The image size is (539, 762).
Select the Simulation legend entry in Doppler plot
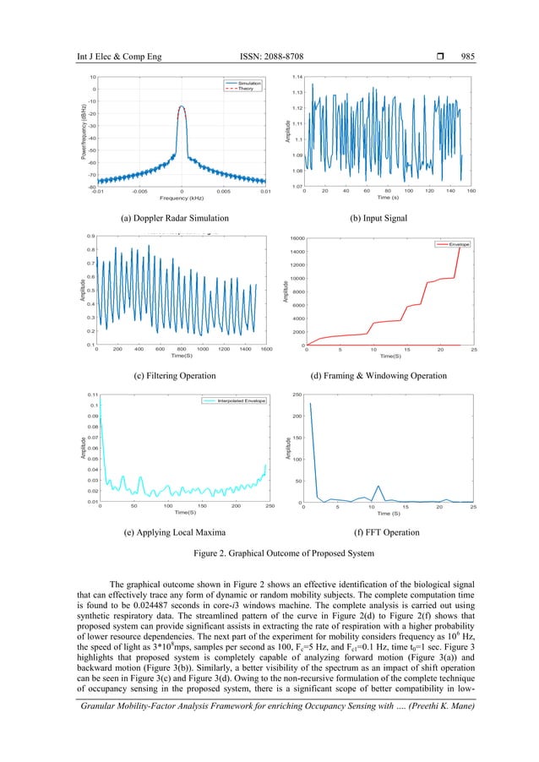pos(249,84)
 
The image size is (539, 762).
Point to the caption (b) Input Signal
pos(378,219)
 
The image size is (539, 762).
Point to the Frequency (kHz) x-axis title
pos(182,199)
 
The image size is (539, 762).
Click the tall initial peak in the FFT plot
pos(311,405)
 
